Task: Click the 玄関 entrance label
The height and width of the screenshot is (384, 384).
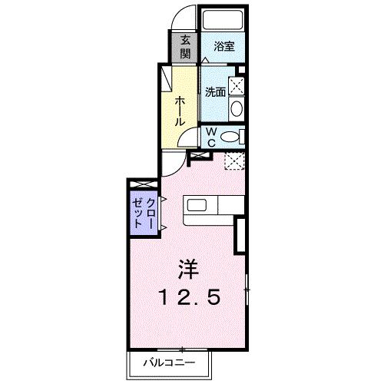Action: pyautogui.click(x=186, y=48)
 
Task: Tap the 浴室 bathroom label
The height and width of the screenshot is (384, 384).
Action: pyautogui.click(x=224, y=46)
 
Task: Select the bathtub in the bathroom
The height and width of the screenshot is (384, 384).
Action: pyautogui.click(x=222, y=19)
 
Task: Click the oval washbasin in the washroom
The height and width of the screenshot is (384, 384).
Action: pyautogui.click(x=237, y=107)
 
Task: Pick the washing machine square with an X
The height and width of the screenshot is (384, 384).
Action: pyautogui.click(x=237, y=85)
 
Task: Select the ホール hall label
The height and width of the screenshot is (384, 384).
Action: pyautogui.click(x=179, y=111)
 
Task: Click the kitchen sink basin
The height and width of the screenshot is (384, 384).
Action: pyautogui.click(x=196, y=207)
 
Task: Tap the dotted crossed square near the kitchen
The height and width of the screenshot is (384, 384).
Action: pyautogui.click(x=233, y=161)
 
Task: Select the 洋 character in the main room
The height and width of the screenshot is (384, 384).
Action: pyautogui.click(x=189, y=270)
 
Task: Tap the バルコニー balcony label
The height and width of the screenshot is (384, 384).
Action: pyautogui.click(x=169, y=362)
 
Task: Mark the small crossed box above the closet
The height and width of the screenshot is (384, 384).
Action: pyautogui.click(x=142, y=184)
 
